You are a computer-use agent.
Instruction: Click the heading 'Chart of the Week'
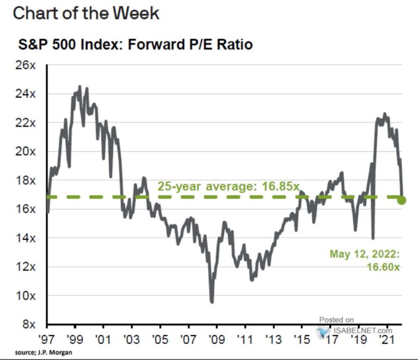click(x=86, y=13)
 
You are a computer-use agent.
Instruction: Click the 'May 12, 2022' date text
click(x=365, y=254)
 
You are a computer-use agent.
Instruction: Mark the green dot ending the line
click(x=402, y=200)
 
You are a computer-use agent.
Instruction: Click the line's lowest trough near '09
click(x=212, y=301)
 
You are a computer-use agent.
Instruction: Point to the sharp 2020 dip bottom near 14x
click(x=373, y=237)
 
